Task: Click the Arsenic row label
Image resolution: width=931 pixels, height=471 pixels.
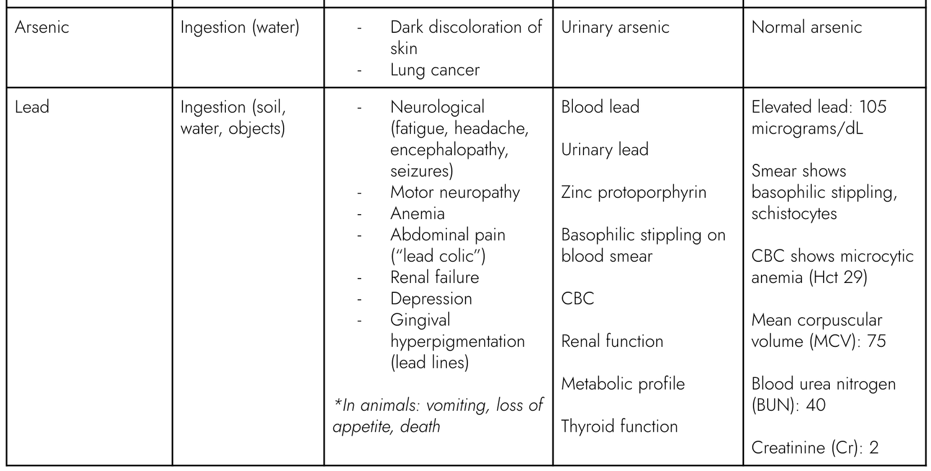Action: pos(42,28)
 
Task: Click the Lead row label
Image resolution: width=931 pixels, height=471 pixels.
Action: pos(32,107)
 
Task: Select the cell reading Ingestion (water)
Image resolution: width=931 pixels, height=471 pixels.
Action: pos(240,28)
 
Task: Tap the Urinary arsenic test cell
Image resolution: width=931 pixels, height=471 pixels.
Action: pos(615,28)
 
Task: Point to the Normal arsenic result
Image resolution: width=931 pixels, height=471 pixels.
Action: pos(806,28)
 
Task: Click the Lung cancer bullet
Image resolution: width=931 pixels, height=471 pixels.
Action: pos(434,70)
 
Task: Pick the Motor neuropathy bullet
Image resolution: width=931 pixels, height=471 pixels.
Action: pos(455,192)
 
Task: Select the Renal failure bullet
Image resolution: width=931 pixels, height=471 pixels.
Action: pos(434,277)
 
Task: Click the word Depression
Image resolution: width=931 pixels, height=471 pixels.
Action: pos(431,298)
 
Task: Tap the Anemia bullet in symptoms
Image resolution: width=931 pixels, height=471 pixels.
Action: pos(417,213)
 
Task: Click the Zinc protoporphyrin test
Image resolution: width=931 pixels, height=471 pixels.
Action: pos(634,192)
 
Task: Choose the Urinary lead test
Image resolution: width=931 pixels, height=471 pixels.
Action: pos(605,150)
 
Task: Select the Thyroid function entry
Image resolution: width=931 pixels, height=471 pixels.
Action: pos(619,426)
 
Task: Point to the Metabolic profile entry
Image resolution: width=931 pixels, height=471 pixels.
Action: pos(623,384)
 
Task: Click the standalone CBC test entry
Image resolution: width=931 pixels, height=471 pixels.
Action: pos(577,298)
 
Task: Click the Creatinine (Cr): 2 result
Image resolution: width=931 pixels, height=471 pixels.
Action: pos(815,447)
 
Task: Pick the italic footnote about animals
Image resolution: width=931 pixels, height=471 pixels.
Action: pos(438,416)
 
